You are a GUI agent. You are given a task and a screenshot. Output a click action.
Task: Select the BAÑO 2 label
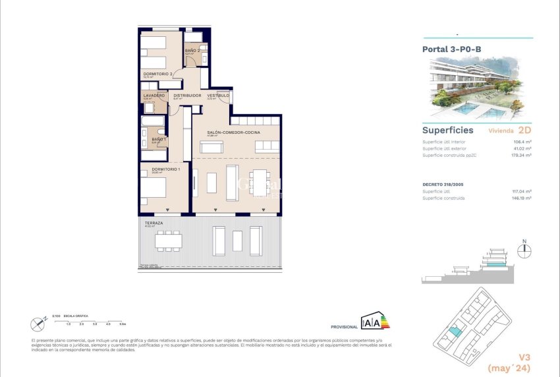coord(192,51)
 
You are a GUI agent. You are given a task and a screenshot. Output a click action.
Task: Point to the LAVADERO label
coord(154,96)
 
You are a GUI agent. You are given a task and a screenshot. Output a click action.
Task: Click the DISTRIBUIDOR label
coord(187,96)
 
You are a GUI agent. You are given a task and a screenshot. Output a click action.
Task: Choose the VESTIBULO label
coord(218,96)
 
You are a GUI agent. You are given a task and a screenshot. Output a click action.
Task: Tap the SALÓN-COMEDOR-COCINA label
coord(233,132)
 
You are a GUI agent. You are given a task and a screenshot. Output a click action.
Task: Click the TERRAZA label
coord(154,223)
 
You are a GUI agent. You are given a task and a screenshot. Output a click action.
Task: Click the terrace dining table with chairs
coord(169,241)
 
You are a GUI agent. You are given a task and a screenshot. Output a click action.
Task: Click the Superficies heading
coord(447,130)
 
